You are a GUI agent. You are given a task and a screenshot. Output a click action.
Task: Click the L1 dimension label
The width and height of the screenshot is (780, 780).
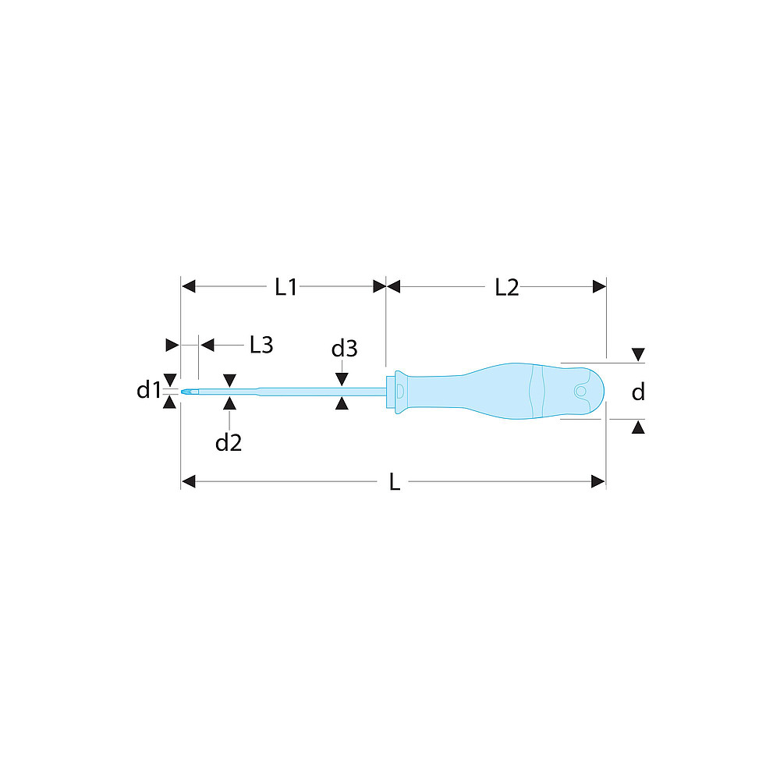(286, 287)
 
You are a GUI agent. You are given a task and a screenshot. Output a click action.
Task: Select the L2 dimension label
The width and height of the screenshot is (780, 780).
(507, 288)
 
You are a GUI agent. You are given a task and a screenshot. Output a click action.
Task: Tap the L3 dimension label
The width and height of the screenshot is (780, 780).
(261, 345)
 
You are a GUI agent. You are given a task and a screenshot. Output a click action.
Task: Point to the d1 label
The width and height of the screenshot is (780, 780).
(148, 390)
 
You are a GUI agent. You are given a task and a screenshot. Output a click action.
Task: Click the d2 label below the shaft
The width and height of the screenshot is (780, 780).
(229, 442)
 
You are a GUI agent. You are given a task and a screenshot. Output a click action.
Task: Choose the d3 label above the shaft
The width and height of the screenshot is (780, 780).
(344, 349)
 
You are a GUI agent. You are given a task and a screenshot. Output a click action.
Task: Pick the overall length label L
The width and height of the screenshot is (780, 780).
(394, 482)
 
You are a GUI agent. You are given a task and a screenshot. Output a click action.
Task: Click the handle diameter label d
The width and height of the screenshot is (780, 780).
(638, 392)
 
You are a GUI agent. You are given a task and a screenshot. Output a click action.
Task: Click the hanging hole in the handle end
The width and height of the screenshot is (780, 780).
(580, 391)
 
